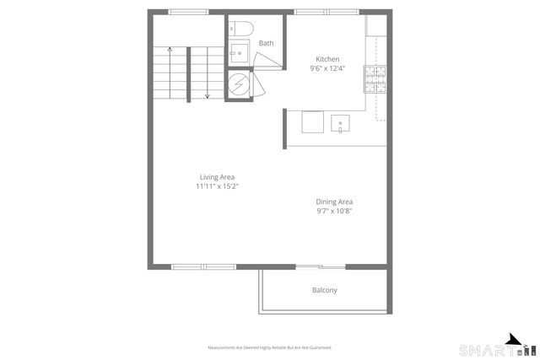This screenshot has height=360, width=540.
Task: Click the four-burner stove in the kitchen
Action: (x=373, y=78)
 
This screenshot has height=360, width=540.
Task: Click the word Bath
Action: (x=266, y=43)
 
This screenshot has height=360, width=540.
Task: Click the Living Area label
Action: (x=217, y=177)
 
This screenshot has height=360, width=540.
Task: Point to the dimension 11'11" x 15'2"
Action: (x=217, y=186)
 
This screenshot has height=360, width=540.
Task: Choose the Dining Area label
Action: (x=334, y=201)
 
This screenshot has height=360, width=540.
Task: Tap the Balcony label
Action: (x=325, y=290)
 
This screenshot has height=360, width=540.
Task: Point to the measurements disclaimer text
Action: (x=270, y=347)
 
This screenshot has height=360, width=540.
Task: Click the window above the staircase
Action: (x=189, y=12)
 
